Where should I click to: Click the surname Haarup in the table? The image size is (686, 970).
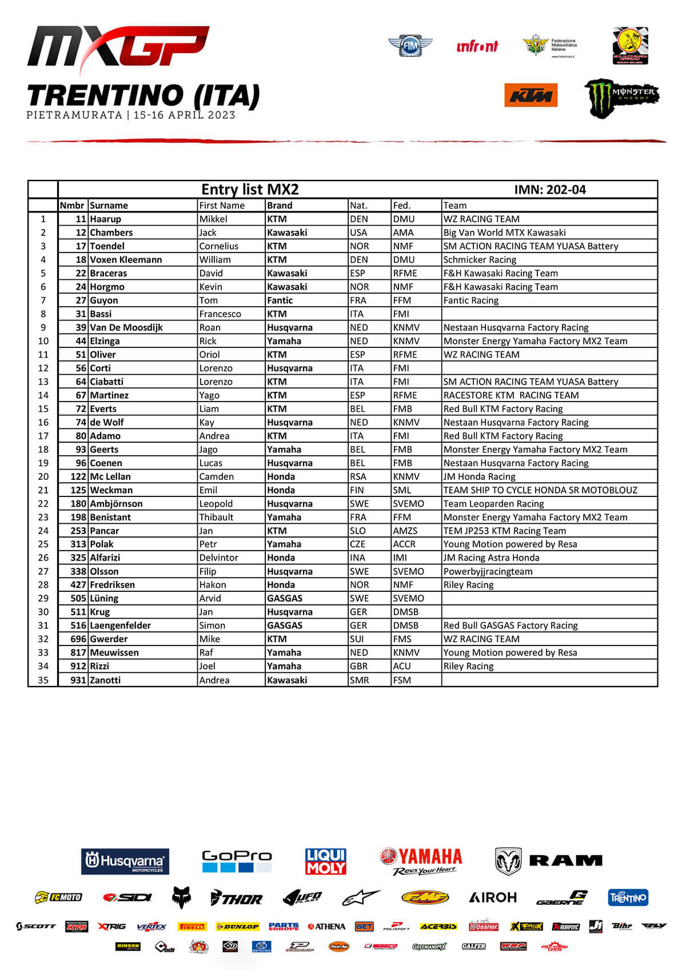click(105, 219)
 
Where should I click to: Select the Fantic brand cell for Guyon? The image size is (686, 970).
click(280, 300)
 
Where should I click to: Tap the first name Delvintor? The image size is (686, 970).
click(218, 558)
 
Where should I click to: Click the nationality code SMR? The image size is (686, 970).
click(359, 680)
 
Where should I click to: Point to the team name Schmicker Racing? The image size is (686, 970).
click(480, 259)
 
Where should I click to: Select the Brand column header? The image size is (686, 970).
click(280, 205)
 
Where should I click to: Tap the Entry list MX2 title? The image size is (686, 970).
click(250, 190)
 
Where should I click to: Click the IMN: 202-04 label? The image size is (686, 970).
click(550, 190)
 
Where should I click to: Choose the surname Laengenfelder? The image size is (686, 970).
click(120, 626)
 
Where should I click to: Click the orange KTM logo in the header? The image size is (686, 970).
click(531, 95)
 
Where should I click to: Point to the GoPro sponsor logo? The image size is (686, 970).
click(237, 861)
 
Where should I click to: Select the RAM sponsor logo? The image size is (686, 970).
click(549, 861)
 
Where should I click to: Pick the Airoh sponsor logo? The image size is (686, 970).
click(492, 897)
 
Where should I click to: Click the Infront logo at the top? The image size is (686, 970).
click(477, 46)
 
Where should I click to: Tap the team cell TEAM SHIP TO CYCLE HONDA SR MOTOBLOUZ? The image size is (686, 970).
click(540, 490)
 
